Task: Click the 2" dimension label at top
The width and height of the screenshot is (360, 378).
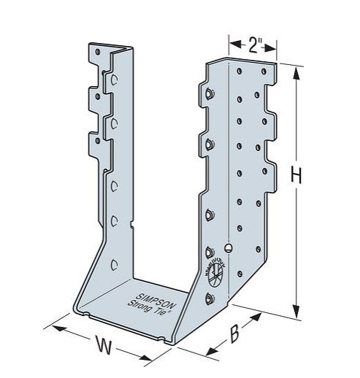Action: point(253,45)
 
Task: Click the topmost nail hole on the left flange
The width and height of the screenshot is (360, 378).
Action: point(96,52)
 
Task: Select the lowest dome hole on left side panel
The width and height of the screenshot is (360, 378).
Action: point(113,263)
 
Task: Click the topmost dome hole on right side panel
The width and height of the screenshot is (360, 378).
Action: point(208,93)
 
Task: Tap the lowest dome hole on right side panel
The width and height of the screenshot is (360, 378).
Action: point(210,298)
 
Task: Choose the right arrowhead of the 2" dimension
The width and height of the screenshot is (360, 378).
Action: point(276,48)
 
